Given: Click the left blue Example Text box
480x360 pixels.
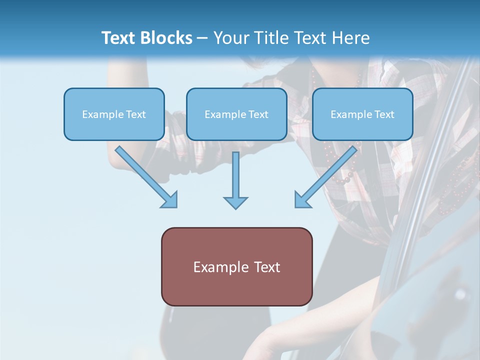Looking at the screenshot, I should click(114, 114).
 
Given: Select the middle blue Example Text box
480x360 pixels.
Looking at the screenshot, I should click(236, 114).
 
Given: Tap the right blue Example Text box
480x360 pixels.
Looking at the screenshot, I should click(362, 114).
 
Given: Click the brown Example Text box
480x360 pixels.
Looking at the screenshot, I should click(236, 266).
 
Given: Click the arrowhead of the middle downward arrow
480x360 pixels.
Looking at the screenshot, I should click(235, 202).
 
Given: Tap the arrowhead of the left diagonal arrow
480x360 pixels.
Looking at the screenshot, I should click(170, 200).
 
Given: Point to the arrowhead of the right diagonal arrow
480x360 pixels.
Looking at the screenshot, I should click(302, 200).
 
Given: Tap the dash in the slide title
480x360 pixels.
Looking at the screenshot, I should click(202, 38).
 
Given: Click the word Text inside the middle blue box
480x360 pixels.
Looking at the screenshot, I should click(258, 114).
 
